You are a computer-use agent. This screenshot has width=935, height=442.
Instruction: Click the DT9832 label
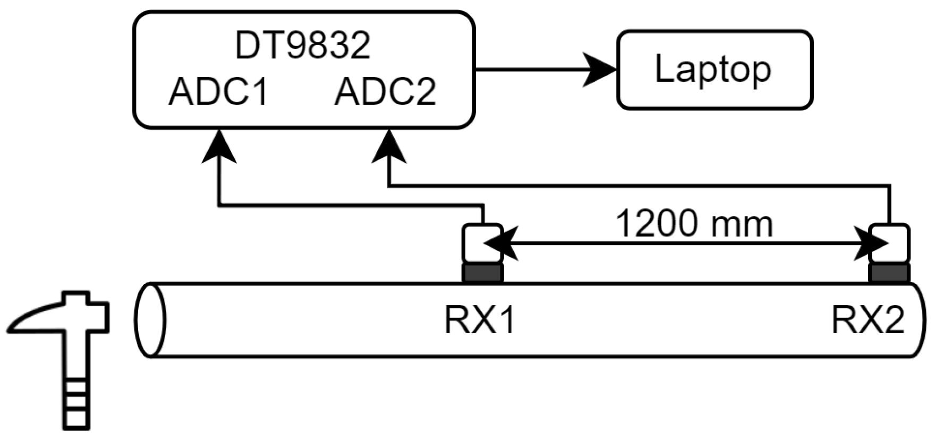point(302,46)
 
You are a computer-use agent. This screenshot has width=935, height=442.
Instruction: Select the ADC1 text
point(218,92)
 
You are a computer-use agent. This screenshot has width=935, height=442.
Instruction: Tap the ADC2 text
point(385,92)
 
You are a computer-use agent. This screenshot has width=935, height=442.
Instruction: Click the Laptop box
point(715,70)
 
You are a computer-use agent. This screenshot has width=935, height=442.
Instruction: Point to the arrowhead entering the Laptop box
point(600,70)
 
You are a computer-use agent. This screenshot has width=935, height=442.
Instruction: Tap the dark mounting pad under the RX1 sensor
point(482,273)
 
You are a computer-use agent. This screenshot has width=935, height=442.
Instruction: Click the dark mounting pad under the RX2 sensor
point(889,273)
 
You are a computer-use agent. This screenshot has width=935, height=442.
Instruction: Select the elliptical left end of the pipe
point(150,320)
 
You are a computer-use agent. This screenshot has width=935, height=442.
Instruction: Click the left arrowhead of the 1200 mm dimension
point(499,244)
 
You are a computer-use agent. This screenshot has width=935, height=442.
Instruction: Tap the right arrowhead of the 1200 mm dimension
point(871,244)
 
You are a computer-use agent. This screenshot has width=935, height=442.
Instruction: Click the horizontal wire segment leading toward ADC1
point(351,205)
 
